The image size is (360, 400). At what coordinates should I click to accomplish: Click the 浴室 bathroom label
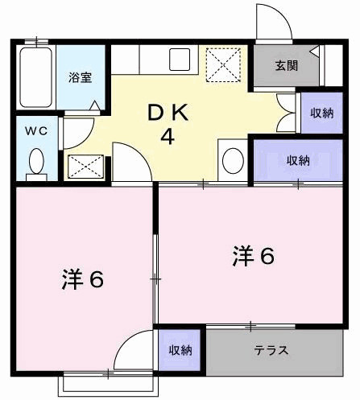pyautogui.click(x=79, y=78)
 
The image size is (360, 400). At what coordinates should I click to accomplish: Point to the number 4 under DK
pyautogui.click(x=168, y=136)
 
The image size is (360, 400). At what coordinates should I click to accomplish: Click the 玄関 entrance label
pyautogui.click(x=286, y=65)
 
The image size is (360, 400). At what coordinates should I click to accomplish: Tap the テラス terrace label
pyautogui.click(x=271, y=350)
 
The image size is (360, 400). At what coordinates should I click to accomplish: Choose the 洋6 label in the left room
pyautogui.click(x=82, y=279)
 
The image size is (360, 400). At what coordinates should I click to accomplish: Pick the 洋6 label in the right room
pyautogui.click(x=254, y=256)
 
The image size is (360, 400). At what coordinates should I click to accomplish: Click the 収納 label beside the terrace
pyautogui.click(x=180, y=350)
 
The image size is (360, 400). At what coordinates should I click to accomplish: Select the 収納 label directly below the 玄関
pyautogui.click(x=321, y=112)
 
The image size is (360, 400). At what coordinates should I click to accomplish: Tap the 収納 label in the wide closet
pyautogui.click(x=298, y=159)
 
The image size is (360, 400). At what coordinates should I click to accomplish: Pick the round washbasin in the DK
pyautogui.click(x=232, y=159)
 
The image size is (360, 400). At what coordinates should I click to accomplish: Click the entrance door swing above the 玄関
pyautogui.click(x=271, y=22)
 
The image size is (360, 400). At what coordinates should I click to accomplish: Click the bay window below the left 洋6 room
pyautogui.click(x=89, y=382)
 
